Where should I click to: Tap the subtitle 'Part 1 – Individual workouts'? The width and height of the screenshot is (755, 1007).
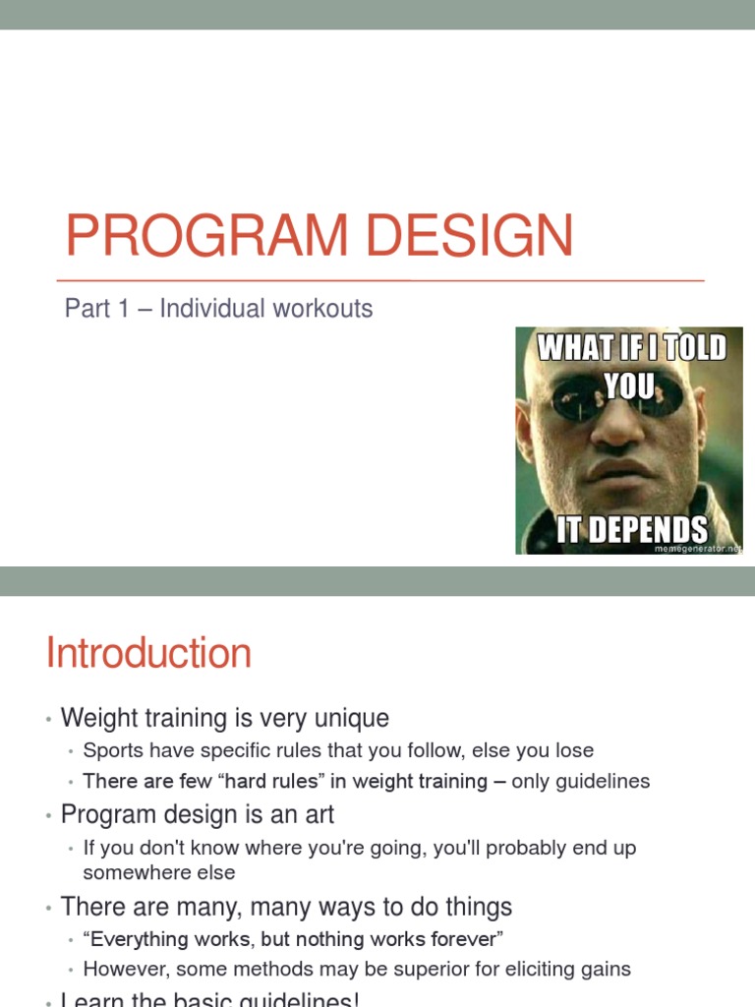pyautogui.click(x=218, y=309)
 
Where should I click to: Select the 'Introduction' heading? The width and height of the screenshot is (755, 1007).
pyautogui.click(x=148, y=654)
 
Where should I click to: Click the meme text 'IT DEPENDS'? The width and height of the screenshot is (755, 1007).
pyautogui.click(x=631, y=530)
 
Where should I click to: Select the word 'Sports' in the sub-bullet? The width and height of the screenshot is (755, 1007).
pyautogui.click(x=114, y=750)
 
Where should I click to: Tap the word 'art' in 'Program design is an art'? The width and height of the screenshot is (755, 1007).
pyautogui.click(x=319, y=814)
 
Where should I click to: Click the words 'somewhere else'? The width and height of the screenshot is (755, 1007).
pyautogui.click(x=159, y=872)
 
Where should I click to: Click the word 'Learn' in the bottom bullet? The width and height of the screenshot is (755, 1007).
pyautogui.click(x=90, y=1000)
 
